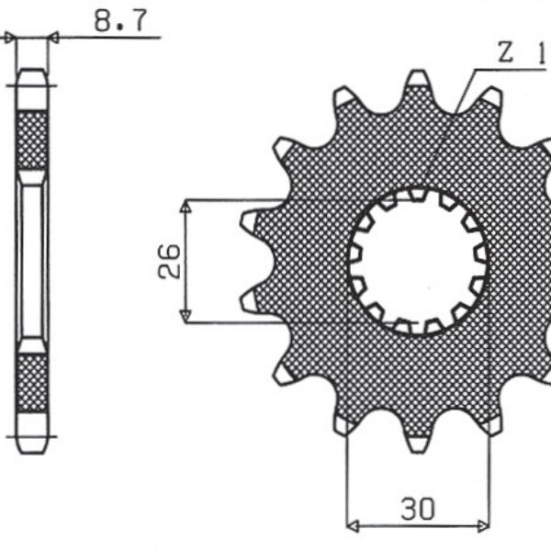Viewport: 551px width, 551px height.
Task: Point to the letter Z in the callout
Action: [x=505, y=54]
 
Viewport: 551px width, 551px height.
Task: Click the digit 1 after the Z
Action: [x=542, y=54]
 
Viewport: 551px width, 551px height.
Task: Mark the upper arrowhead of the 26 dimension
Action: [x=186, y=208]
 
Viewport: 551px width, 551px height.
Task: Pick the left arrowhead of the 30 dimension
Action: [x=354, y=527]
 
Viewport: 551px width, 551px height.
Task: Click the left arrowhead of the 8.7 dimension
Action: [x=11, y=38]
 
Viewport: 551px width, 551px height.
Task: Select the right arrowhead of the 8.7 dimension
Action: [x=52, y=38]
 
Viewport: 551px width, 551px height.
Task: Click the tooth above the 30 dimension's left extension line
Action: [x=345, y=422]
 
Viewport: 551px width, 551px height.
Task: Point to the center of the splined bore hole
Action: [x=419, y=260]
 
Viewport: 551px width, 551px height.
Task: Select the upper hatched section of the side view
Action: [x=32, y=141]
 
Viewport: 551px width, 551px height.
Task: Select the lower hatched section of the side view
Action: [x=32, y=383]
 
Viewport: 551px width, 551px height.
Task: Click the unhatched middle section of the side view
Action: [x=32, y=261]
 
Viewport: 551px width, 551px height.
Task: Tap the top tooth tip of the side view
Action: [x=32, y=77]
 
